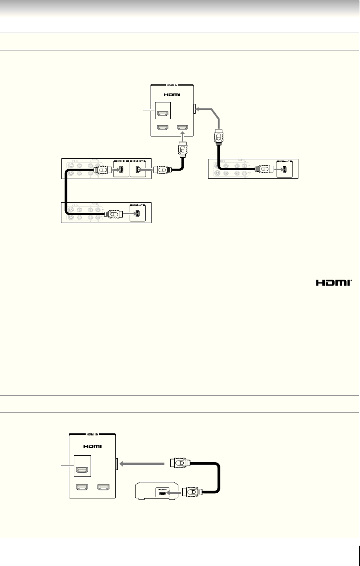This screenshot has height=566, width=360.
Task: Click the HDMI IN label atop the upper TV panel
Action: pos(171,85)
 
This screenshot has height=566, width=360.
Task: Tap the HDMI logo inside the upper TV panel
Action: pos(171,94)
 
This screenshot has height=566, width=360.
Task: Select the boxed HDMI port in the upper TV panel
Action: pos(162,114)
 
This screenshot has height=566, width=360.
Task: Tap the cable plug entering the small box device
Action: pos(190,493)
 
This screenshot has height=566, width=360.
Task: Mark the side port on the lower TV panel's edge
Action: pos(116,464)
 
